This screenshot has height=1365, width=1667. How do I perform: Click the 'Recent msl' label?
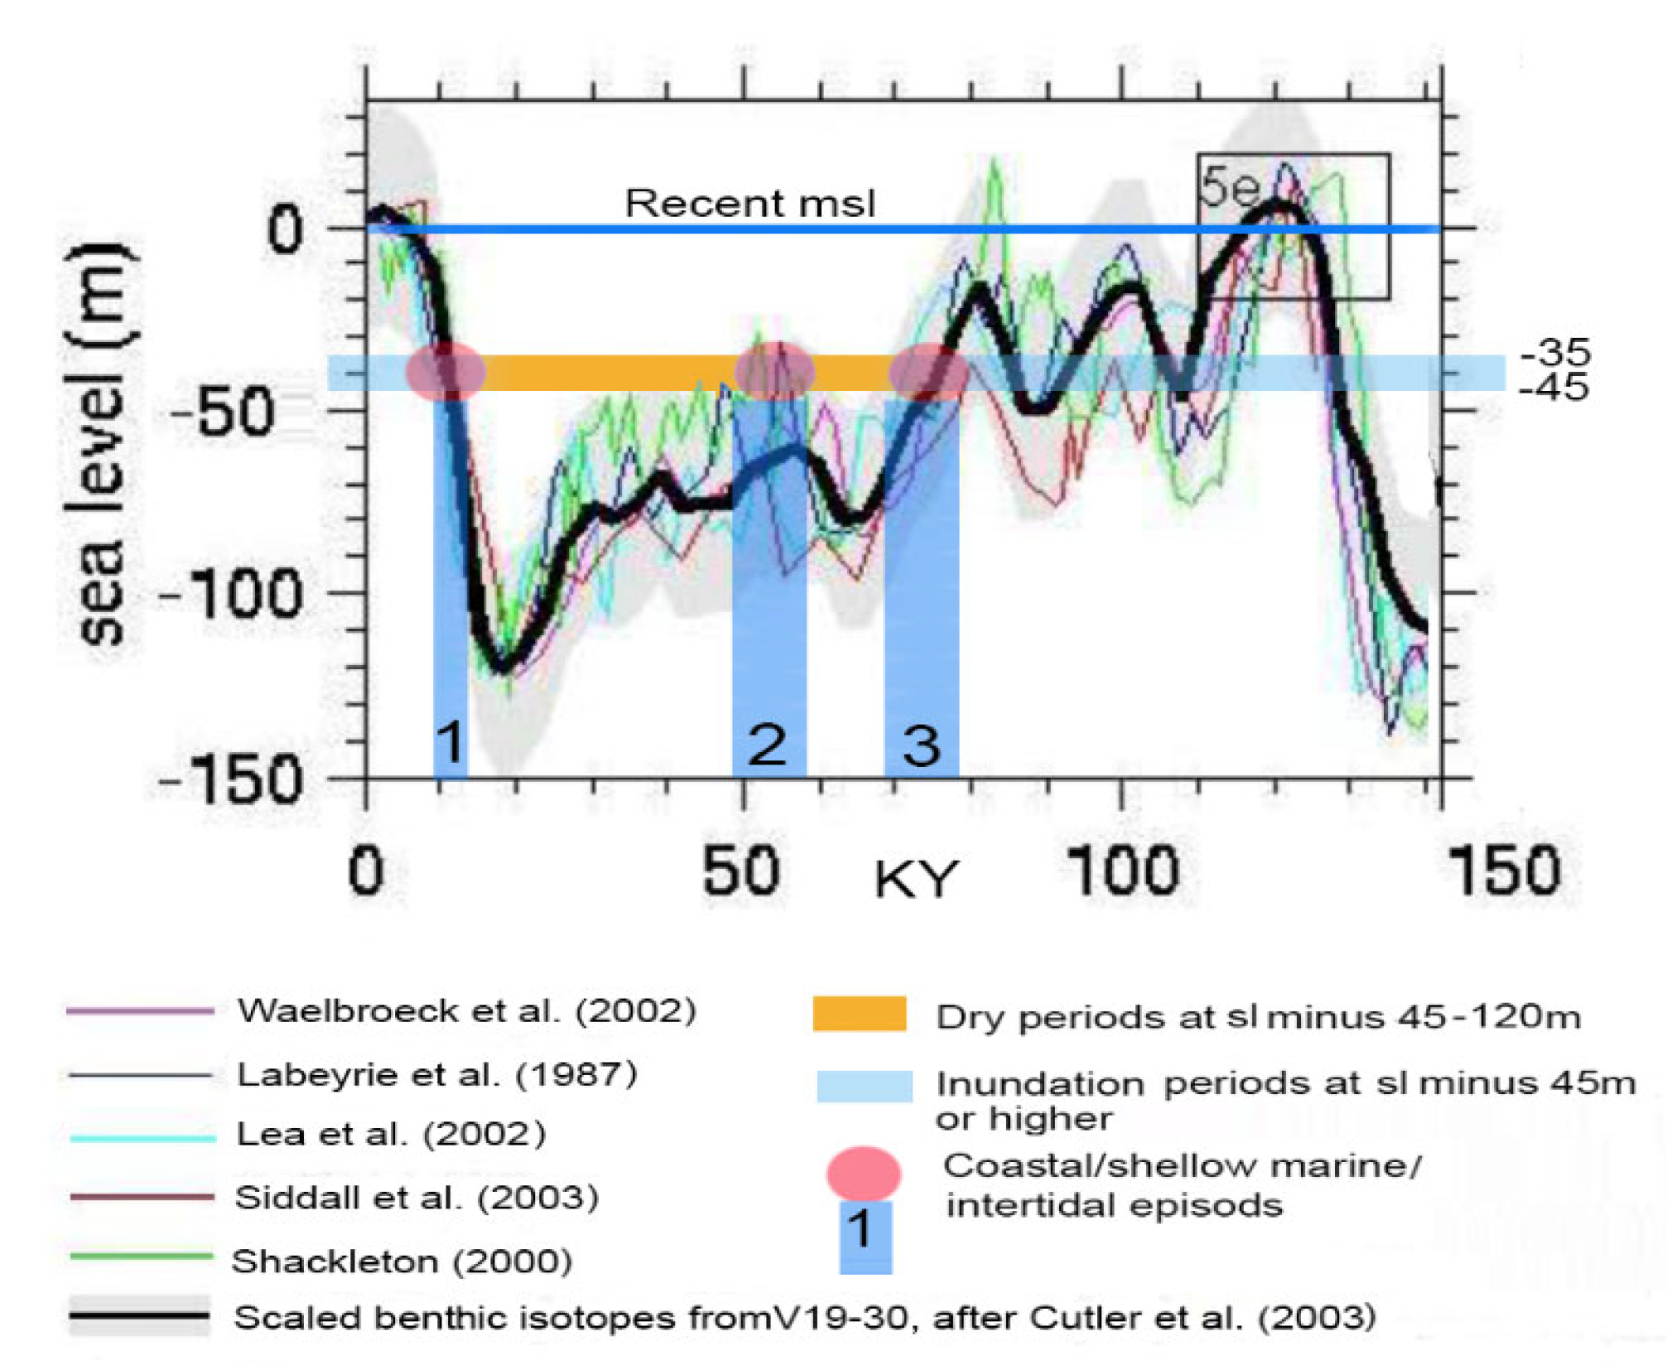[x=749, y=203]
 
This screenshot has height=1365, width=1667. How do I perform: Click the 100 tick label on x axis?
[x=1122, y=871]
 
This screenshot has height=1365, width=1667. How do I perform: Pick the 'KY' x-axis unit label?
[x=916, y=880]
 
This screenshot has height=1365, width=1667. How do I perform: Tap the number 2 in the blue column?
[x=767, y=743]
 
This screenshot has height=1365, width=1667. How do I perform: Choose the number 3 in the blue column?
[x=921, y=745]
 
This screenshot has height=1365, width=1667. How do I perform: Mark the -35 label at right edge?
[x=1556, y=352]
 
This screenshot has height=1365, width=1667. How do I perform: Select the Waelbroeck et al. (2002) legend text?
[x=466, y=1010]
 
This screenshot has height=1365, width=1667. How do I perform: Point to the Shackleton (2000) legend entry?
[x=402, y=1261]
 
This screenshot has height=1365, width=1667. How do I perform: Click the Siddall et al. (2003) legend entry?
[x=417, y=1198]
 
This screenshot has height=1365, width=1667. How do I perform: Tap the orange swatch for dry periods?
[x=859, y=1014]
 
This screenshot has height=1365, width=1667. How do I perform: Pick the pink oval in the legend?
[x=863, y=1173]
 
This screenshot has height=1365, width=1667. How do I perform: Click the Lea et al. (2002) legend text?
[x=391, y=1134]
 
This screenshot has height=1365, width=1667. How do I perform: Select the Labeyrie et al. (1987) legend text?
[x=436, y=1074]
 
